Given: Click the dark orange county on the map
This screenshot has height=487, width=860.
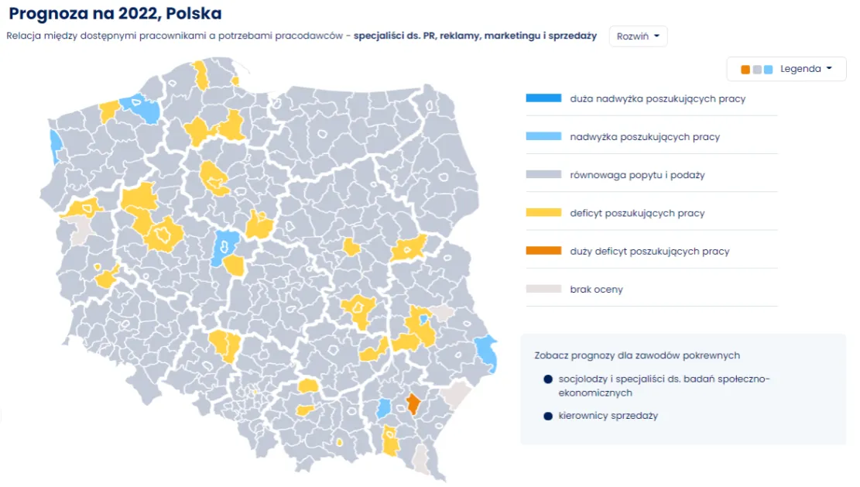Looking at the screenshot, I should tap(413, 403).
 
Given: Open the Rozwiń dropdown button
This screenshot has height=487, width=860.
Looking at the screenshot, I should tap(638, 36).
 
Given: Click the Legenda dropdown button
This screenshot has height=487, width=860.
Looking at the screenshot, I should tap(786, 69).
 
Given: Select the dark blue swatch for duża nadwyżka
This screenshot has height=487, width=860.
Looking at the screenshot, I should tap(543, 98).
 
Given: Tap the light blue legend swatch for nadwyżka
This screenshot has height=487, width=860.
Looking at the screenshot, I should tap(543, 136).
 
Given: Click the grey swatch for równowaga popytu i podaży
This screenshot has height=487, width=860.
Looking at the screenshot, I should tap(543, 174).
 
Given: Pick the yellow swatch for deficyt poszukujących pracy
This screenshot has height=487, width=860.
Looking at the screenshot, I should tap(543, 212).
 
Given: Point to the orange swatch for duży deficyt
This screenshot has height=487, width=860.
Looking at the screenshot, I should tap(543, 251).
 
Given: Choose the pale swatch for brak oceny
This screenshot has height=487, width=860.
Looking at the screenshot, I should tap(543, 289).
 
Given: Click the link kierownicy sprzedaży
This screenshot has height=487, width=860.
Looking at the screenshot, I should tap(608, 416).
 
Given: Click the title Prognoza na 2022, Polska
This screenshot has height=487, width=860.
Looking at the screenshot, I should tap(115, 14).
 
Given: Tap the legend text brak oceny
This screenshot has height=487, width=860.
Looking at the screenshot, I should tap(596, 290).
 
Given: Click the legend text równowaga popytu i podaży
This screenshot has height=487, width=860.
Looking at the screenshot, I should tap(637, 175).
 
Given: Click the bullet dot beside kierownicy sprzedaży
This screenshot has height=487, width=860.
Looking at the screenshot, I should tap(548, 416).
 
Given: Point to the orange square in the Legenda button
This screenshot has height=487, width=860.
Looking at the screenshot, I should tap(745, 70).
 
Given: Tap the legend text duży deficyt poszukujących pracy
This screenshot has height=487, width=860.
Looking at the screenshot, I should tap(649, 252).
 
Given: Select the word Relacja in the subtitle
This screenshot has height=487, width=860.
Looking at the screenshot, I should tap(23, 36).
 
